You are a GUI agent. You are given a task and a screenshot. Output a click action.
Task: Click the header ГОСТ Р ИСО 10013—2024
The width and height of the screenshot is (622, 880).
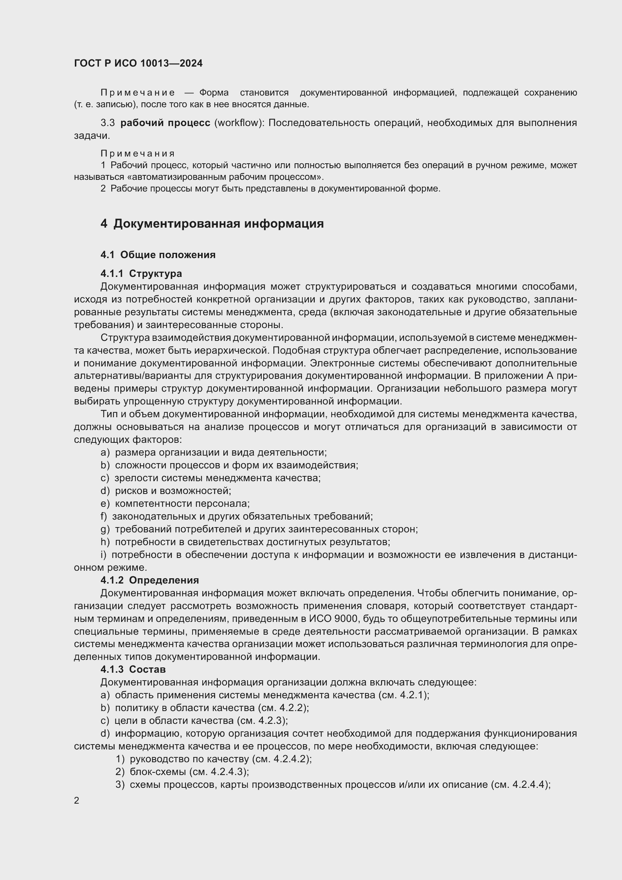[138, 63]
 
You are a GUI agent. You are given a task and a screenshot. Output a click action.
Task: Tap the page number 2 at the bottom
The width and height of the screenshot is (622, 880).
[77, 800]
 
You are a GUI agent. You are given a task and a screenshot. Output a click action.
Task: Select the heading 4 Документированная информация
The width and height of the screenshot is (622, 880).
[212, 223]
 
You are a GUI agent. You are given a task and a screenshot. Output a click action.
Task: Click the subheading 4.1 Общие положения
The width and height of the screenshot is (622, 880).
[158, 255]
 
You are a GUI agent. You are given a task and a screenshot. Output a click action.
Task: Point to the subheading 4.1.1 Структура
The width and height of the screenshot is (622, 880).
[141, 274]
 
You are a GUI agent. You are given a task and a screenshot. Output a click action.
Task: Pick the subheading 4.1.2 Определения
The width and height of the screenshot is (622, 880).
[149, 580]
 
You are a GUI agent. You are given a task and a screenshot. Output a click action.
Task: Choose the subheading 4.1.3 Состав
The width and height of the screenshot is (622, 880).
[133, 669]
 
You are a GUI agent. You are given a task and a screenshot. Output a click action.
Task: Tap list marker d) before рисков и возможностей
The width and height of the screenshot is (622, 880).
[105, 491]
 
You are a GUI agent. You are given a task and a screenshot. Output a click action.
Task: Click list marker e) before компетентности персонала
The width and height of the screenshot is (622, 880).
[105, 504]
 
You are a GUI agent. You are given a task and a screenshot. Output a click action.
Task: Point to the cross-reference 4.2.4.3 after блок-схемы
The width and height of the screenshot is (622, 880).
[228, 772]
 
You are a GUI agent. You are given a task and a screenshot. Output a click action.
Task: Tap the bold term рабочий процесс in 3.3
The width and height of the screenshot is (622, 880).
[165, 123]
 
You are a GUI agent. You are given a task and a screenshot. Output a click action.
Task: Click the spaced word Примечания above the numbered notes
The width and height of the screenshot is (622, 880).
[138, 154]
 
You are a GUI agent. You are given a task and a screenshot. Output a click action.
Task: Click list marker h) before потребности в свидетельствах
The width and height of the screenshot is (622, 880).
[105, 542]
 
